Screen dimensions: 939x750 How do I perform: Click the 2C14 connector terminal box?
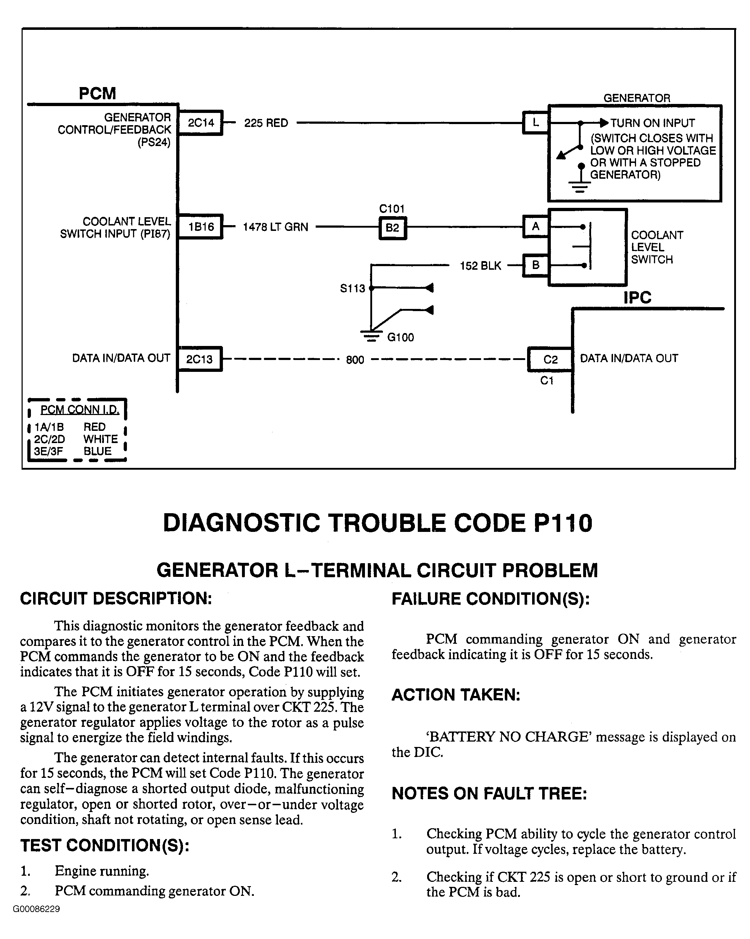coord(201,123)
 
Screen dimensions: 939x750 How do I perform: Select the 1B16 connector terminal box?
coord(201,227)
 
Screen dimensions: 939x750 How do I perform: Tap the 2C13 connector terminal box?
coord(200,359)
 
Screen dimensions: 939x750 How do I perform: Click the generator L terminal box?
coord(535,123)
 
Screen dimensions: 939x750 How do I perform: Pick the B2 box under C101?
coord(392,228)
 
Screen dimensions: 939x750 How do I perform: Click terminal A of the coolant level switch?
coord(535,227)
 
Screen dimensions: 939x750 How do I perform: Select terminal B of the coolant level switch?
coord(535,265)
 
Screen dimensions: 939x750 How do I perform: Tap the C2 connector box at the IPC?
coord(550,359)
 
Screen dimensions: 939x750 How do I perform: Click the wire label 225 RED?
coord(266,123)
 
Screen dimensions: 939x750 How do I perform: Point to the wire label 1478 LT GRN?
coord(275,227)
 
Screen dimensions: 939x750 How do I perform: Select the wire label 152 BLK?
coord(480,266)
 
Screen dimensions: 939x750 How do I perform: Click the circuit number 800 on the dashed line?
coord(355,360)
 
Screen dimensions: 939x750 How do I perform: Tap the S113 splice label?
coord(352,288)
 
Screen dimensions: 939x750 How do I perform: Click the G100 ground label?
coord(400,337)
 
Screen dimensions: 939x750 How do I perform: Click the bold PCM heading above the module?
coord(97,94)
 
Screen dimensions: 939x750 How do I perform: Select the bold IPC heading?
coord(637,297)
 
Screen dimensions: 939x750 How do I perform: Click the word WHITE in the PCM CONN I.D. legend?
coord(101,439)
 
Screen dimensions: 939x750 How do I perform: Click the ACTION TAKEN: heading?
coord(456,695)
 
